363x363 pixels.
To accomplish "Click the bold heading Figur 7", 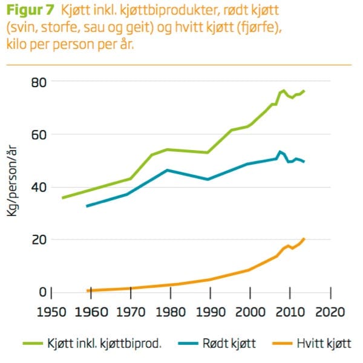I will coord(31,10).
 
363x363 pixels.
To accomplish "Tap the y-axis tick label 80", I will coord(40,82).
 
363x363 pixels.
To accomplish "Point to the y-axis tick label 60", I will coord(40,134).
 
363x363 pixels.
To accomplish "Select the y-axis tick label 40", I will coord(40,187).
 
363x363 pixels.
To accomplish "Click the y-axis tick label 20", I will coord(40,240).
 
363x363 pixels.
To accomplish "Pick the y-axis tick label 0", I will coord(44,292).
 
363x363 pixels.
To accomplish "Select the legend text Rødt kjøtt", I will coord(232,344).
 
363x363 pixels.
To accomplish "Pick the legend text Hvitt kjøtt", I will coord(324,344).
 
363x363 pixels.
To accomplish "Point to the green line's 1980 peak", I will coord(168,149).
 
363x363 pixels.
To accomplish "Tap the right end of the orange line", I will coord(304,239).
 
